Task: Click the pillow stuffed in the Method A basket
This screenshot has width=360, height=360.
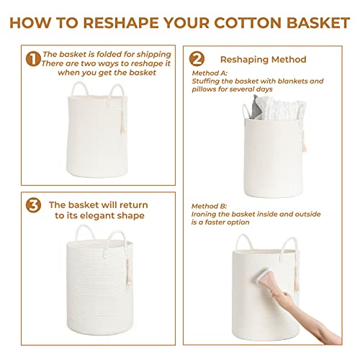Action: pos(271,107)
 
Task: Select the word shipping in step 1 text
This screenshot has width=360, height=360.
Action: pos(154,55)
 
